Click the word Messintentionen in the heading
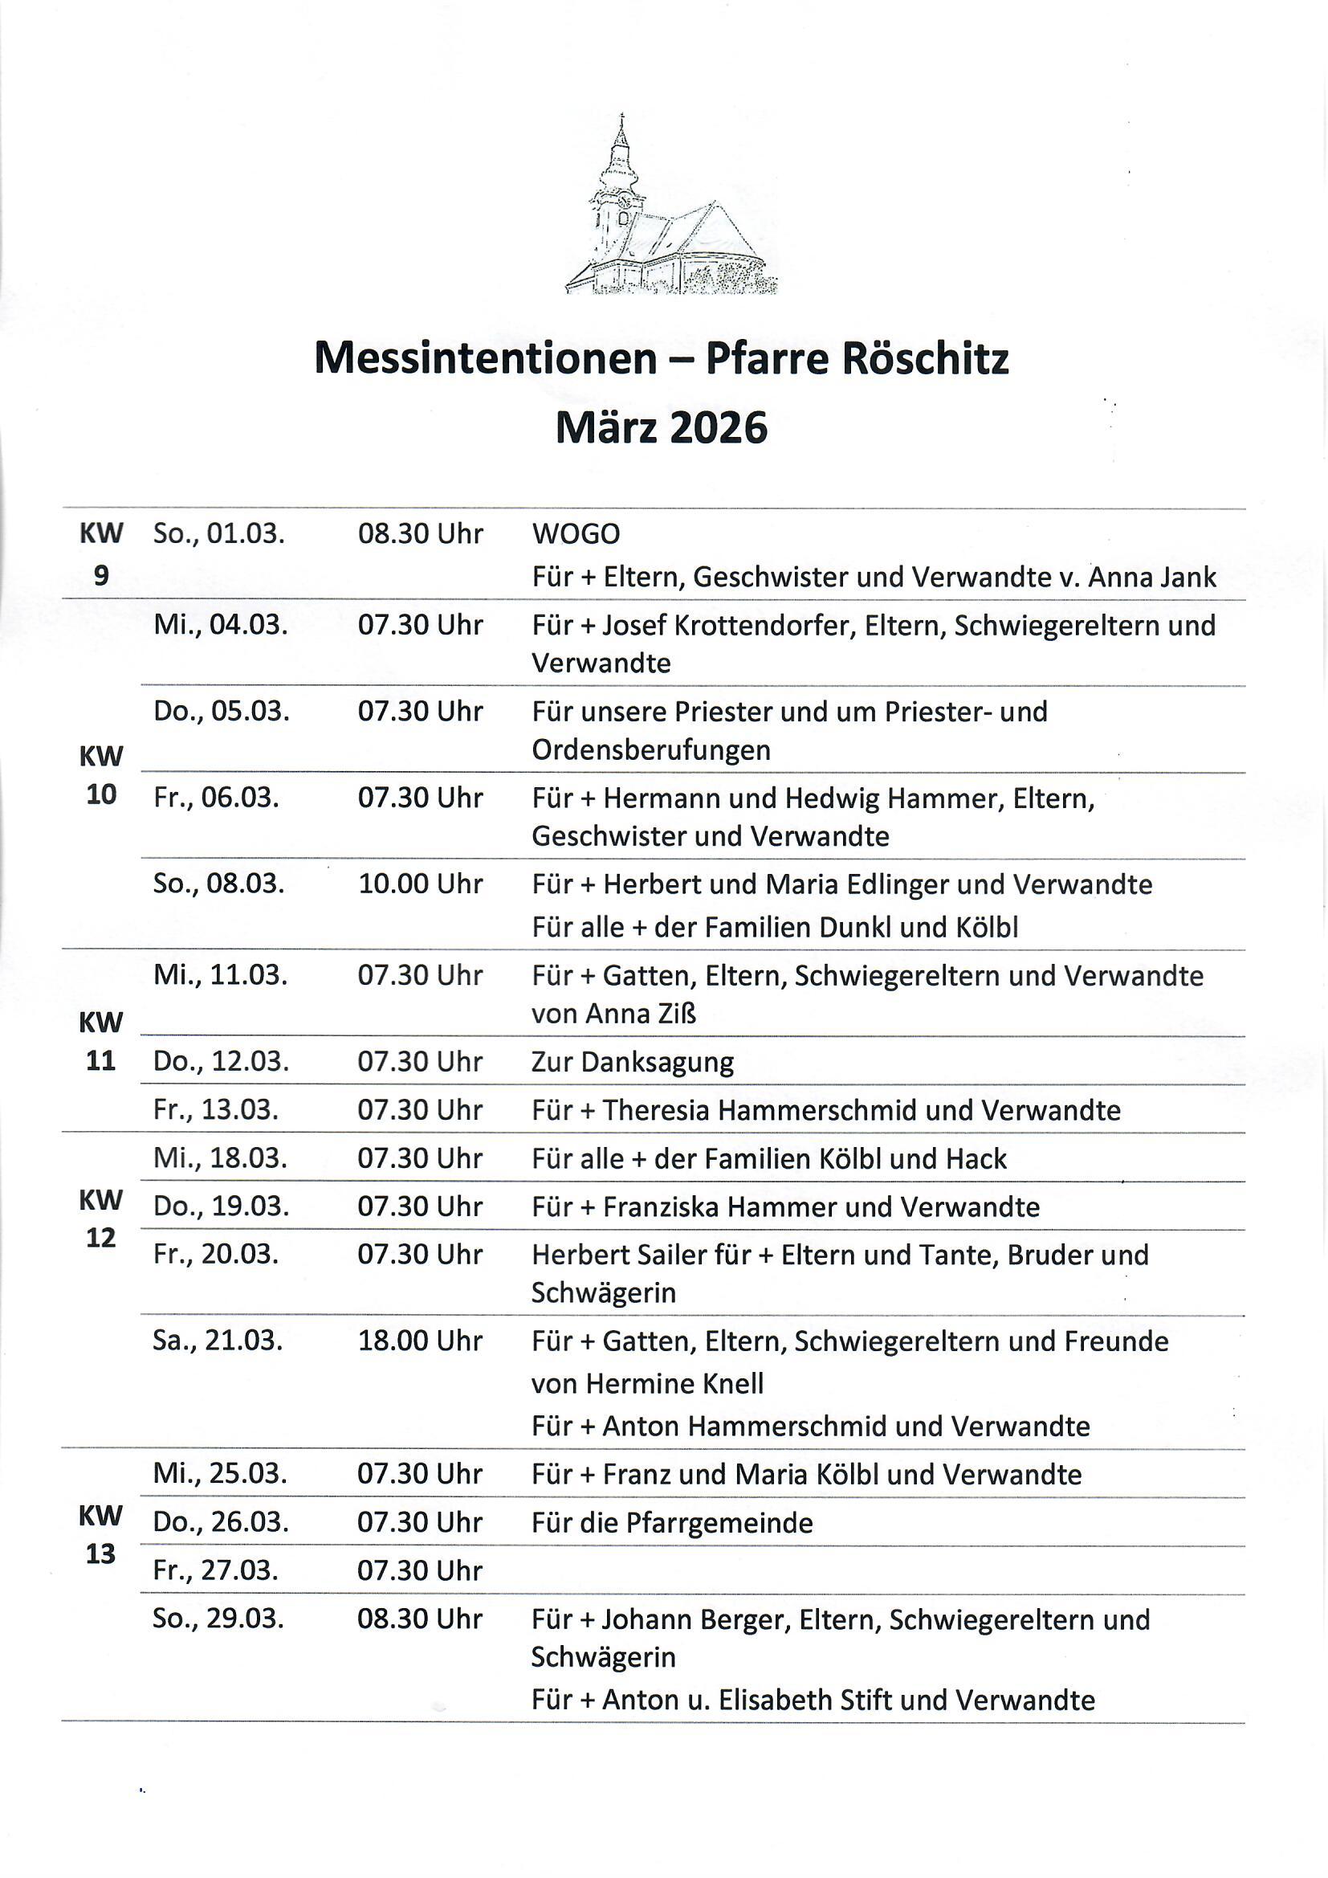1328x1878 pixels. click(485, 358)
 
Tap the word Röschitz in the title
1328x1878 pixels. click(925, 358)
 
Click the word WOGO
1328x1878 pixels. click(576, 534)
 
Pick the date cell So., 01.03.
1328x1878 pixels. click(218, 534)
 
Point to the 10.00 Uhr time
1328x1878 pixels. click(420, 884)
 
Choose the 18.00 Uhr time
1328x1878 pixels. click(420, 1341)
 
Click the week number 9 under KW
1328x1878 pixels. click(100, 576)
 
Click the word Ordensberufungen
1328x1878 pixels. click(651, 750)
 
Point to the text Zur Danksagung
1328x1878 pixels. click(632, 1062)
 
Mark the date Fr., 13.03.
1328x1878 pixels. click(216, 1110)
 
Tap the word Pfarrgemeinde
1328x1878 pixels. click(719, 1523)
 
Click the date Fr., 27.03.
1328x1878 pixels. click(216, 1570)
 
